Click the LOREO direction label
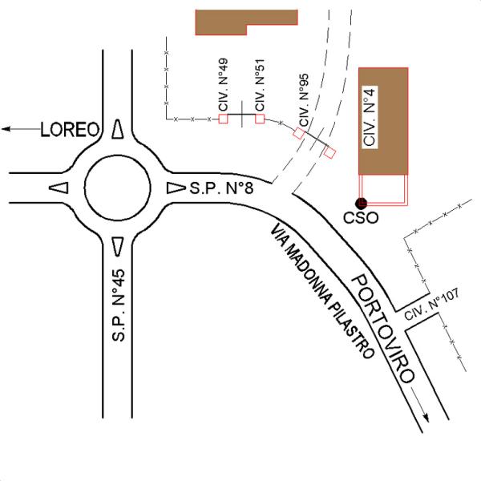(69, 129)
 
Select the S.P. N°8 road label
(221, 189)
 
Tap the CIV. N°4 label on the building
(370, 120)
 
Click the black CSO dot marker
(362, 203)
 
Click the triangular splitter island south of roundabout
(118, 245)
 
